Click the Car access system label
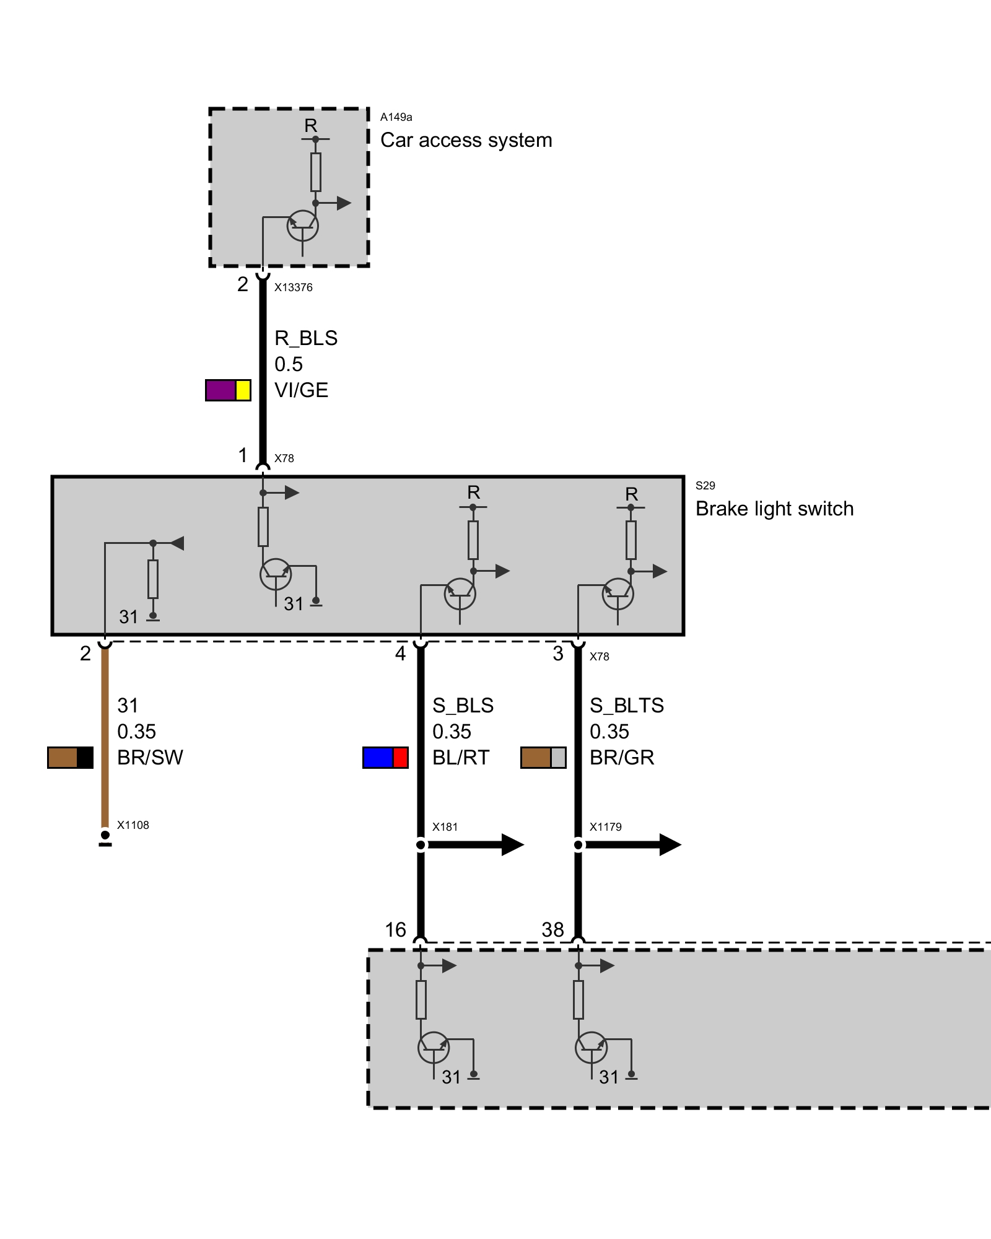(466, 141)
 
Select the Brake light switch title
(774, 509)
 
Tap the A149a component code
(396, 117)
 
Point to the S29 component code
(705, 486)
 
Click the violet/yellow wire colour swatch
(228, 390)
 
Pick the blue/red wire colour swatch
(385, 758)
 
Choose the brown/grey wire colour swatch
(543, 758)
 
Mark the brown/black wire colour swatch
(70, 758)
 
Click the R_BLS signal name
(306, 338)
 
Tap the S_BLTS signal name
(626, 706)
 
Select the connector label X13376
(294, 287)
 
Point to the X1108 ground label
(133, 825)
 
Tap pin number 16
(395, 930)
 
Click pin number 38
(552, 930)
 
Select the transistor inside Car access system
(302, 227)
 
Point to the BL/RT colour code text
(461, 758)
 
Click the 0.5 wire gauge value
(289, 364)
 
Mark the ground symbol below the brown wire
(105, 839)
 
